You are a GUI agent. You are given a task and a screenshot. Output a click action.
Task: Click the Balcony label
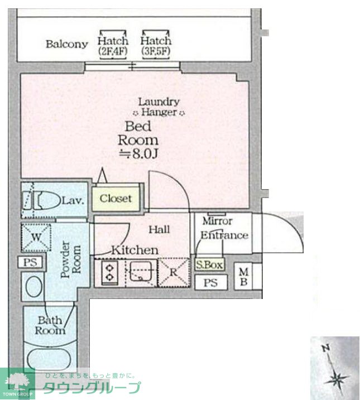coord(67,44)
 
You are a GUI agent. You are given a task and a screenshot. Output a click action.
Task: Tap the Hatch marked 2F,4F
coord(113,45)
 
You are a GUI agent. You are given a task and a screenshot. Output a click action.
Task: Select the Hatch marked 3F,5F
coord(156,45)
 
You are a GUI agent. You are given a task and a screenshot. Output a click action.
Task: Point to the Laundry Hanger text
coord(159,107)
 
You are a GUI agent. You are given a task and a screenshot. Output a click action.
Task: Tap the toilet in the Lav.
coord(45,200)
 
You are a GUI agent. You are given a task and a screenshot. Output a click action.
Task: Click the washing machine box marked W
coord(36,237)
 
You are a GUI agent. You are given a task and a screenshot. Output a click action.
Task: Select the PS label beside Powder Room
coord(30,262)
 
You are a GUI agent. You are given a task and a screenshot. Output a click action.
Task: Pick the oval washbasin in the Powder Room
coord(34,286)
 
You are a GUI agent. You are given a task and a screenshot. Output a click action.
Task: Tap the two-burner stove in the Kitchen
coord(110,273)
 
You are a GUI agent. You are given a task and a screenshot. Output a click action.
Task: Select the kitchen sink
coord(141,272)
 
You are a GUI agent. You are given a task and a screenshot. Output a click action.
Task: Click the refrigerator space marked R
coord(174,272)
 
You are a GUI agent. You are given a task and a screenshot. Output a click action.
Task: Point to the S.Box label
coord(209,265)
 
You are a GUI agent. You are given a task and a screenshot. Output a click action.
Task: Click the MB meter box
coord(243,277)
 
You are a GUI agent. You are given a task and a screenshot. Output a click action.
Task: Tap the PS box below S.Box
coord(211,282)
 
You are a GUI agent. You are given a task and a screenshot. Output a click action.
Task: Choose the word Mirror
coord(217,221)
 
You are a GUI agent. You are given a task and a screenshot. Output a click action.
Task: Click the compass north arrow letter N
coord(325,348)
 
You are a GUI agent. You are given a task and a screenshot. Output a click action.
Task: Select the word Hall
coord(159,230)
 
